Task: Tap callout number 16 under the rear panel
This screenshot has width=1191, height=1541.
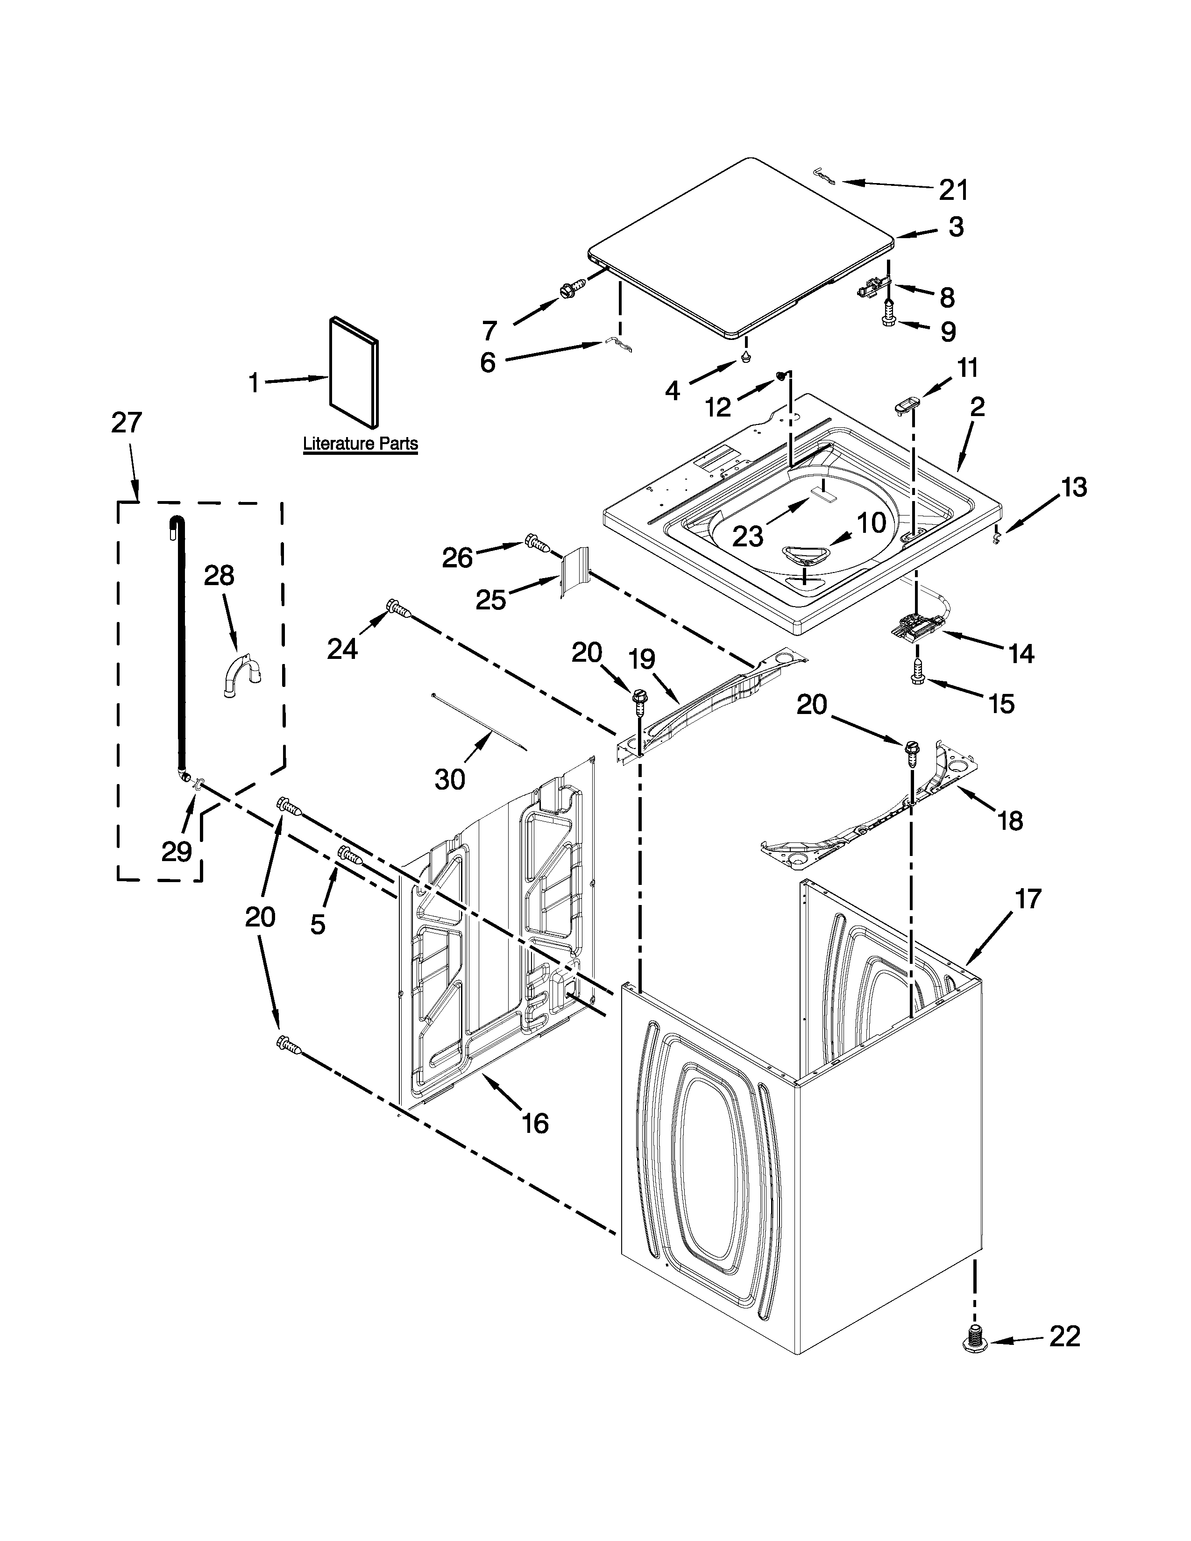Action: tap(536, 1122)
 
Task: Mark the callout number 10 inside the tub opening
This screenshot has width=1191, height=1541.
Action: tap(872, 523)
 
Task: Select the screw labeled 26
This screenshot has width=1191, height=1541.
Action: tap(537, 543)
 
